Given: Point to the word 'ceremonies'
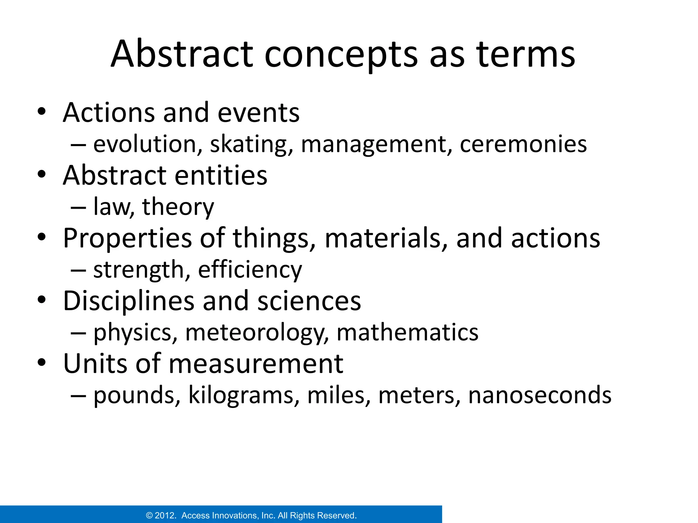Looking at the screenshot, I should (x=523, y=144).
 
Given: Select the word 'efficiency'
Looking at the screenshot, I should (x=250, y=270).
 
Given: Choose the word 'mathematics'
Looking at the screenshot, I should (x=407, y=332).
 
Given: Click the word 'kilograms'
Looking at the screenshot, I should (x=244, y=396).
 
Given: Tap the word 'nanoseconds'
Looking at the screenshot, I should (x=540, y=396).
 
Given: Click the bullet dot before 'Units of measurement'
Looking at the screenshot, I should (x=42, y=363).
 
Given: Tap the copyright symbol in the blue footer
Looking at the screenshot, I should (x=149, y=516).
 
